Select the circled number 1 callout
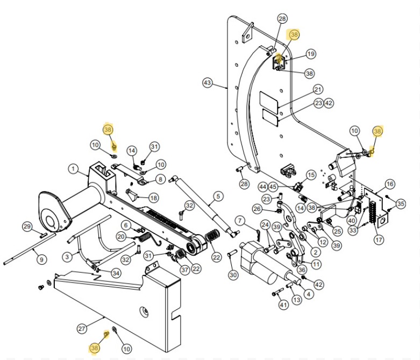pyautogui.click(x=73, y=169)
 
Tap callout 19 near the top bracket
pyautogui.click(x=311, y=54)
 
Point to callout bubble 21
pyautogui.click(x=318, y=89)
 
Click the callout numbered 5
pyautogui.click(x=218, y=196)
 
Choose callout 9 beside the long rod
pyautogui.click(x=41, y=260)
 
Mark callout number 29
pyautogui.click(x=27, y=227)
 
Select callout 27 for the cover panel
pyautogui.click(x=82, y=328)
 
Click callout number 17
pyautogui.click(x=379, y=239)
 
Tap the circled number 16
pyautogui.click(x=390, y=185)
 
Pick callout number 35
pyautogui.click(x=401, y=203)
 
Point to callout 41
pyautogui.click(x=283, y=305)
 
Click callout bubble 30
pyautogui.click(x=233, y=275)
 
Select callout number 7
pyautogui.click(x=240, y=221)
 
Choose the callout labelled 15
pyautogui.click(x=311, y=175)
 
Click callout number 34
pyautogui.click(x=116, y=273)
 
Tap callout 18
pyautogui.click(x=154, y=198)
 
